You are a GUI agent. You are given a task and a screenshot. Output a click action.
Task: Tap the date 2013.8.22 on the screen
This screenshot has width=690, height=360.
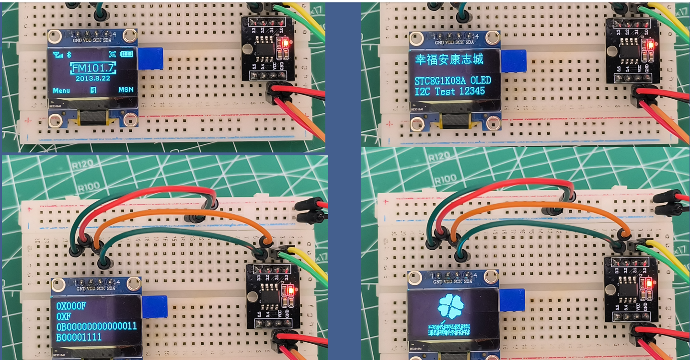[x=92, y=78]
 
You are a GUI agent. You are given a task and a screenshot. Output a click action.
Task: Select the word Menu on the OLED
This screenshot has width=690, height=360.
[x=61, y=90]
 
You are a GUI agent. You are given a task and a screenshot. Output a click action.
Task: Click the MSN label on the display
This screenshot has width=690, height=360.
[x=126, y=90]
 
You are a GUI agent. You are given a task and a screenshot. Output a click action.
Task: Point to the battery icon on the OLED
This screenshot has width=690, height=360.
[x=127, y=54]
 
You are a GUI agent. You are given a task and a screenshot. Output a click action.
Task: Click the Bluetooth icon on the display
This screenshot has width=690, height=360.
[x=69, y=54]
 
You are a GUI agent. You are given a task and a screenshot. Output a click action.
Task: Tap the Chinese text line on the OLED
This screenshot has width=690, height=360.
[x=449, y=59]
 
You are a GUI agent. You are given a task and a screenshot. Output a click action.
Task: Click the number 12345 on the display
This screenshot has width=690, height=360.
[x=471, y=91]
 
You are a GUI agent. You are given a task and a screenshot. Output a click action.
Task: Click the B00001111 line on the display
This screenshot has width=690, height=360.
[x=79, y=337]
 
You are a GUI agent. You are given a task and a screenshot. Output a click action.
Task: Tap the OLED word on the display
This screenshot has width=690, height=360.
[x=480, y=80]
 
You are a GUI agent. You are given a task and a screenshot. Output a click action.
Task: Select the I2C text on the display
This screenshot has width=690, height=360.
[x=423, y=91]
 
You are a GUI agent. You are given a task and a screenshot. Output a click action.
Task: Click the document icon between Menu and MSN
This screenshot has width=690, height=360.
[x=93, y=90]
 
